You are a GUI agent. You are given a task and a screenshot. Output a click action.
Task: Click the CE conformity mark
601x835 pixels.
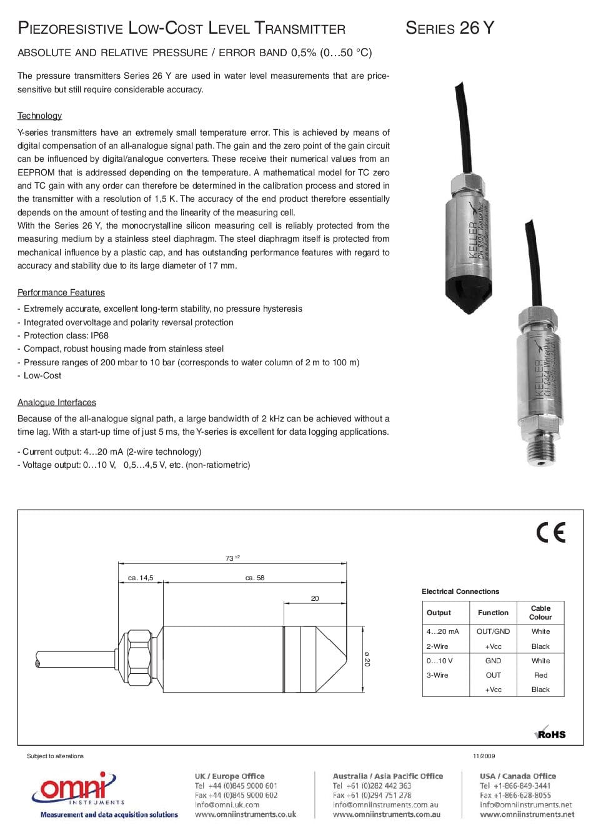[550, 532]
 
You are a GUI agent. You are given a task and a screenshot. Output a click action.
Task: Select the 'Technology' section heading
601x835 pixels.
[39, 116]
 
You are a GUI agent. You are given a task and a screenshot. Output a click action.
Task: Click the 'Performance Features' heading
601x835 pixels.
[61, 292]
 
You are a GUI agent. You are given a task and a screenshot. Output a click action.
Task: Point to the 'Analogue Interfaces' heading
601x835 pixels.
[56, 402]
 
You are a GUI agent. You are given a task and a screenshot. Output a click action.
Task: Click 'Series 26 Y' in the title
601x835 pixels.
[449, 28]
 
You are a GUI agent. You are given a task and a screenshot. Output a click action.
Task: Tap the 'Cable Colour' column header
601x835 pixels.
[540, 612]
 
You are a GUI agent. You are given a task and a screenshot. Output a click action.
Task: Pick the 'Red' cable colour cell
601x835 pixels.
[540, 675]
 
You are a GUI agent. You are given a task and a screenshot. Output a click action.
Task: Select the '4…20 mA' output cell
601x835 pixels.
[442, 631]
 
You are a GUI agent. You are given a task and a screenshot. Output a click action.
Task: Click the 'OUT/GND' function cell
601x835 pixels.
[493, 631]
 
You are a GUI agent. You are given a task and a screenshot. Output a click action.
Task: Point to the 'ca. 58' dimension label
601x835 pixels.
[255, 578]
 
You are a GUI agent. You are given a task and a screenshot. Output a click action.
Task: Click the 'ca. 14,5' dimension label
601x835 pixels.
[141, 578]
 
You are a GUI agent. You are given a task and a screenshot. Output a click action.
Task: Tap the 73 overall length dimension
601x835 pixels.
[230, 558]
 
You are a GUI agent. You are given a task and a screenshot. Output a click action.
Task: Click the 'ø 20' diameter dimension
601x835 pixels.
[367, 659]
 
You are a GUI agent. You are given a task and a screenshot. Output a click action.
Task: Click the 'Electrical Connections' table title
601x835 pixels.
[460, 591]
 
